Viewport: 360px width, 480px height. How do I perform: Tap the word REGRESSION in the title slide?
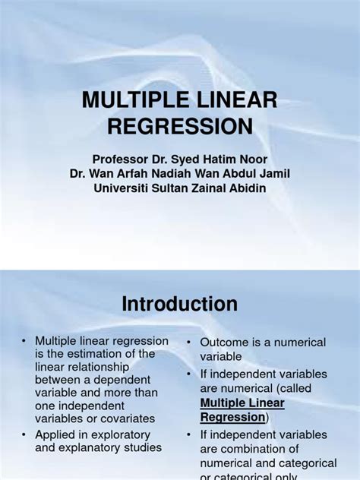(x=180, y=126)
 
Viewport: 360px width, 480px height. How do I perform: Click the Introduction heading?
(x=180, y=305)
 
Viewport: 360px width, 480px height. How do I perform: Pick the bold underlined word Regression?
(x=232, y=417)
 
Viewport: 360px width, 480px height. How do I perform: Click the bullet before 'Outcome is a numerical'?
(x=188, y=343)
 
